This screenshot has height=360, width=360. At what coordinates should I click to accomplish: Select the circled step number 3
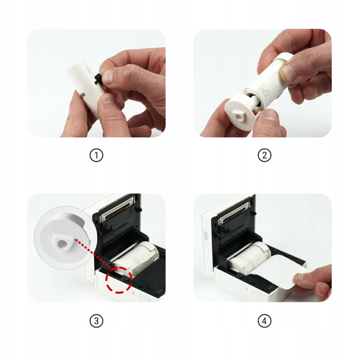tap(96, 321)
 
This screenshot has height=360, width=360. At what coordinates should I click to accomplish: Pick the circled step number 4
tap(264, 321)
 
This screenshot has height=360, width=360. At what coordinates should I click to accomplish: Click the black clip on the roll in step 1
tap(98, 79)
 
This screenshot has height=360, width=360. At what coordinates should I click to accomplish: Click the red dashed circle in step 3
tap(119, 281)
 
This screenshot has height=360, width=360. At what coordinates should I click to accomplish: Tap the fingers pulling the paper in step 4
tap(314, 281)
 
